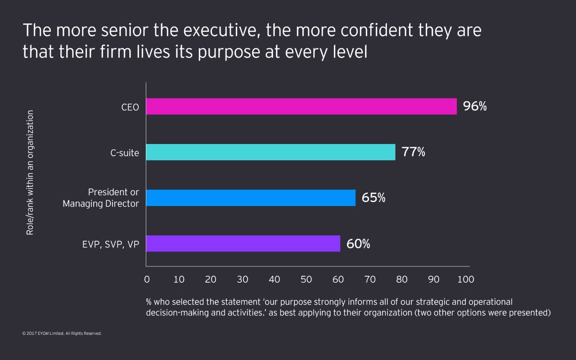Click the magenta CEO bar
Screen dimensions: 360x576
(x=301, y=107)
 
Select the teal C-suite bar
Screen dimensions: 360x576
(x=270, y=152)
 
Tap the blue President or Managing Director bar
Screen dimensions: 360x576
(x=251, y=198)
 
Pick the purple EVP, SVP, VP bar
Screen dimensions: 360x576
(x=243, y=243)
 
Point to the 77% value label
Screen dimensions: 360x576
(x=414, y=152)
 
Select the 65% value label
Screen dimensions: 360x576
(x=373, y=198)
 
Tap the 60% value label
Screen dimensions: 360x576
(x=358, y=244)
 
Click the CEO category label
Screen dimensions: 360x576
(x=130, y=108)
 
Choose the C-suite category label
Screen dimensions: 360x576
(x=125, y=153)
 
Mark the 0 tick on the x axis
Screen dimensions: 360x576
(x=147, y=279)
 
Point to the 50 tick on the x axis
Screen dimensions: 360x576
(x=306, y=279)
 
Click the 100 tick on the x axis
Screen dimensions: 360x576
(x=465, y=279)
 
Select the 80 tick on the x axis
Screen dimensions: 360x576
(x=402, y=279)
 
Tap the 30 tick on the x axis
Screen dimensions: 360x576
(x=242, y=279)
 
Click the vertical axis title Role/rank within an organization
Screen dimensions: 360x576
(x=30, y=172)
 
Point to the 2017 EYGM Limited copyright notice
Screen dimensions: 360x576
(x=62, y=334)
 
